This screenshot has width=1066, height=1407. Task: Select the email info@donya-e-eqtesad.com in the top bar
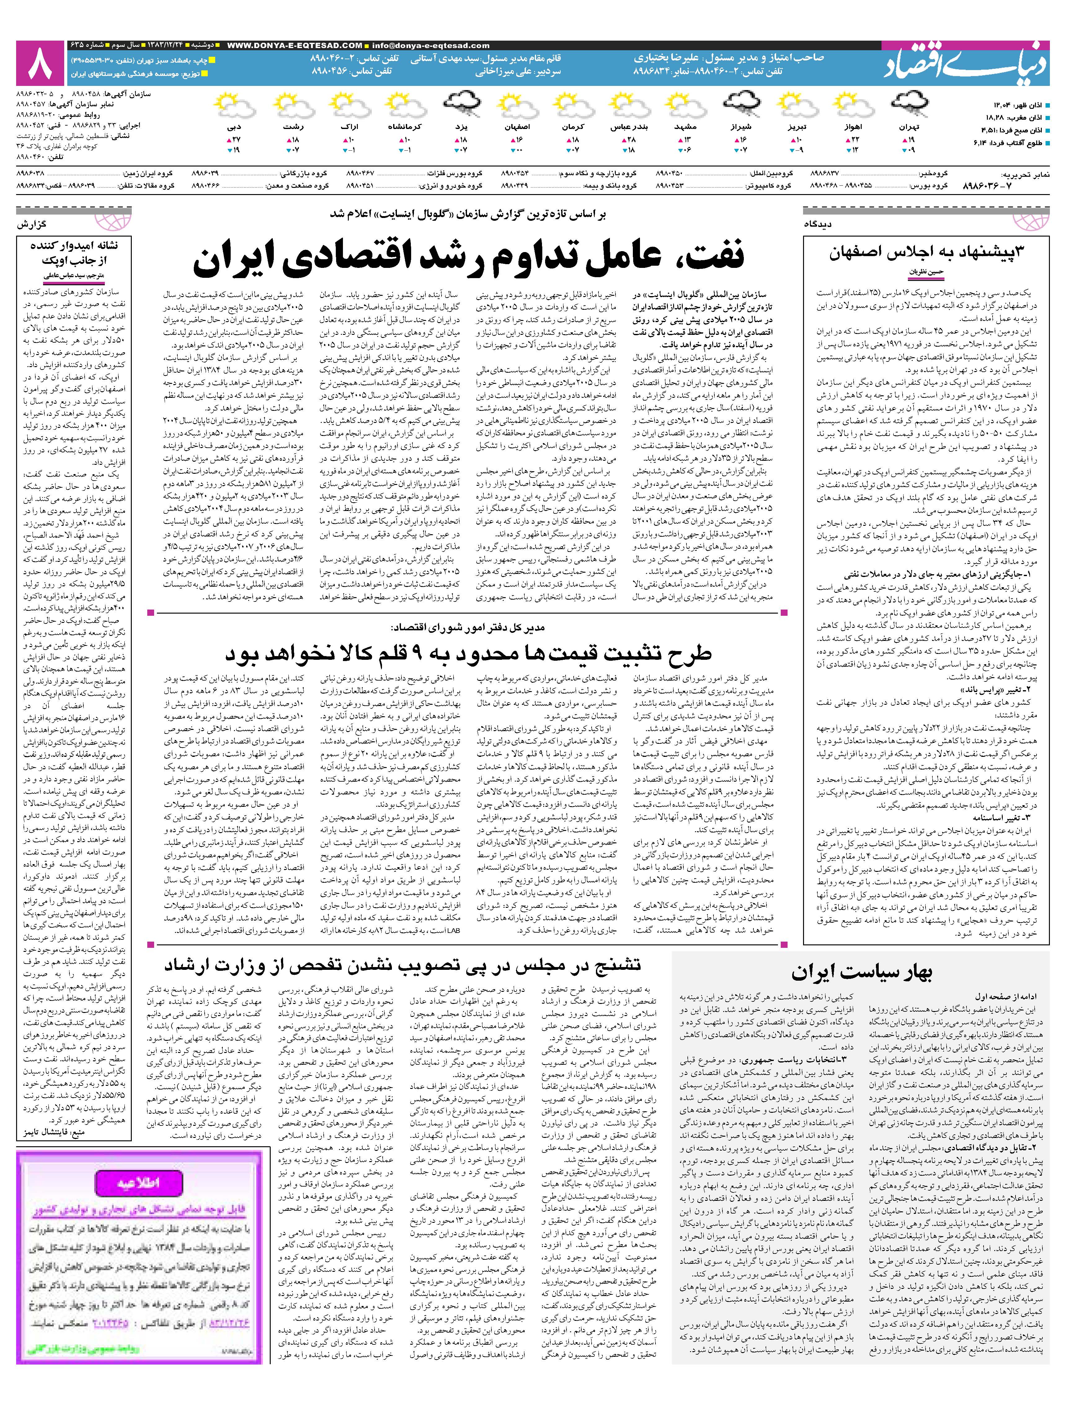[433, 46]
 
